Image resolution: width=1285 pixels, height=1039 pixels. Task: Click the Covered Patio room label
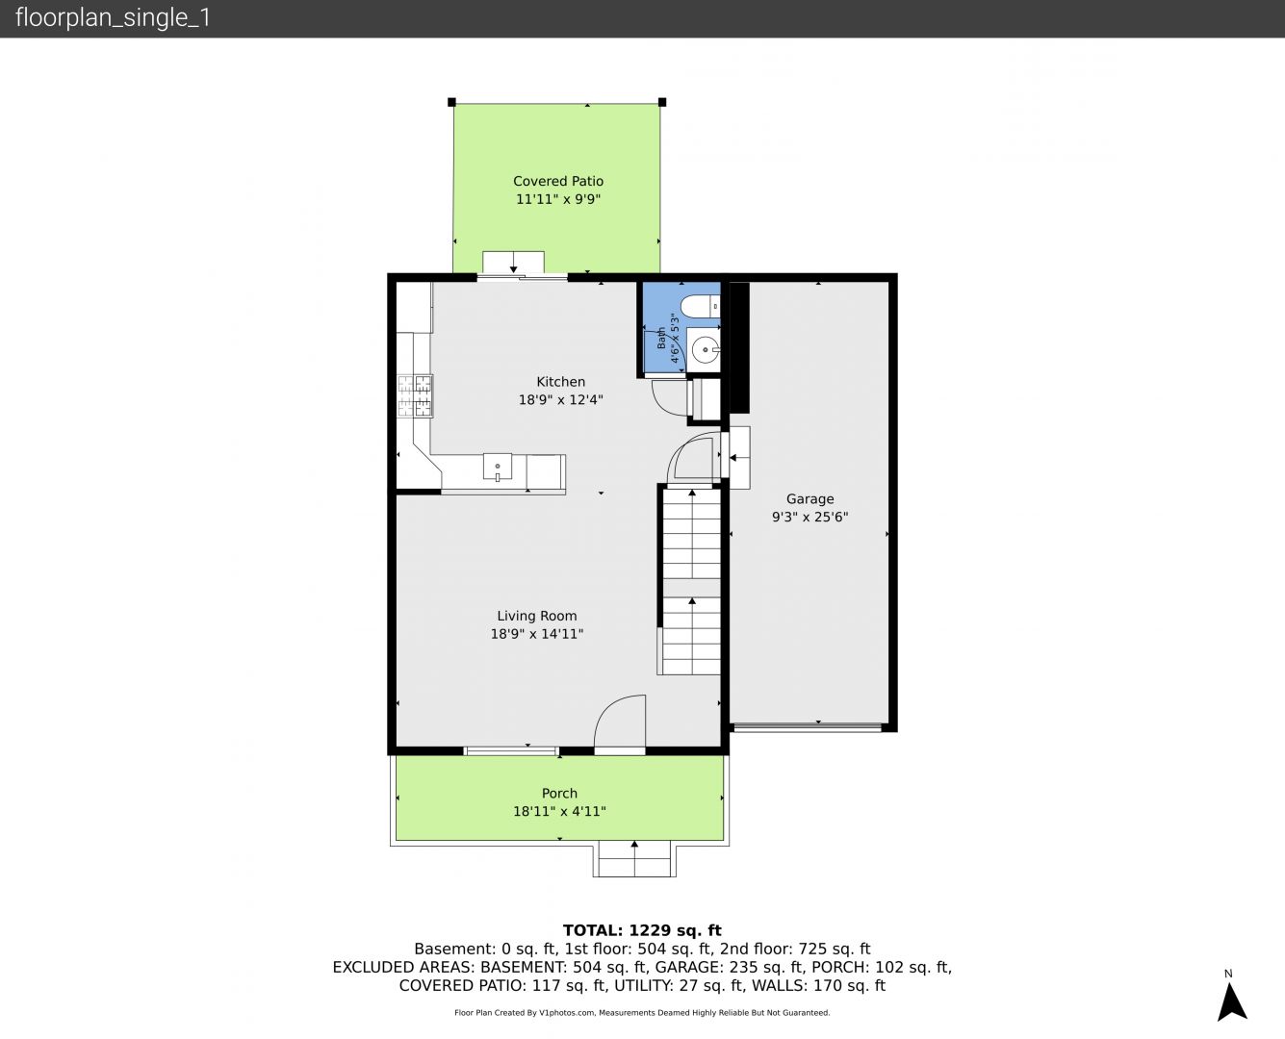point(558,181)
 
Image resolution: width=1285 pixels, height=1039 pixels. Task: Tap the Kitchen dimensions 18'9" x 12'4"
point(560,399)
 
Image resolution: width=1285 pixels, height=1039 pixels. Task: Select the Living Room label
point(536,616)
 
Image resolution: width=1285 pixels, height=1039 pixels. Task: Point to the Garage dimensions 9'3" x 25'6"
point(810,517)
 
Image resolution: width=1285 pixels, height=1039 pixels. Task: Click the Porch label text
point(559,794)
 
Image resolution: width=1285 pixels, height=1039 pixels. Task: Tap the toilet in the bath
point(701,306)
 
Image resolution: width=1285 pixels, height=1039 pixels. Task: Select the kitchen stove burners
point(415,396)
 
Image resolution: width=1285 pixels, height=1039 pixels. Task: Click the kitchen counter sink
point(497,468)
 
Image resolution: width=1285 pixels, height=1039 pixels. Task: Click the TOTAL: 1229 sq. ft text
point(642,930)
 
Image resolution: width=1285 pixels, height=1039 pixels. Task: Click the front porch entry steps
point(634,859)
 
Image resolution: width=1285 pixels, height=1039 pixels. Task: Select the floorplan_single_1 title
point(113,18)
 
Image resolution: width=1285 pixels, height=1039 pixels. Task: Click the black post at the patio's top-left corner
point(451,102)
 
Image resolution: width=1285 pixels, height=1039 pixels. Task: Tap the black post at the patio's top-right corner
point(662,102)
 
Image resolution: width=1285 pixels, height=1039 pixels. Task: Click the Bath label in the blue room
point(662,339)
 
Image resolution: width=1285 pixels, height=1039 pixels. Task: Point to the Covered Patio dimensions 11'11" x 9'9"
point(558,199)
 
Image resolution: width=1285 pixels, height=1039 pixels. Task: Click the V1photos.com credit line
point(642,1012)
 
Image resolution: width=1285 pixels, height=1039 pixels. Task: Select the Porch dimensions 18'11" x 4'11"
point(559,812)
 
